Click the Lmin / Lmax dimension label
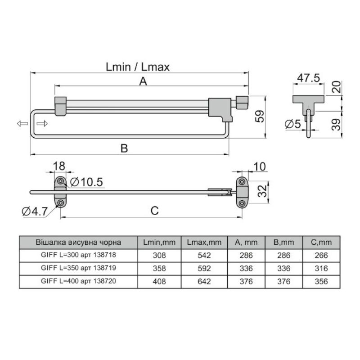(x=138, y=67)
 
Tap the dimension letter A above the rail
(x=143, y=81)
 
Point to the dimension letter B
(x=124, y=148)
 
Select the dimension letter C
(x=154, y=211)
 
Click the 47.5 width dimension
(x=308, y=78)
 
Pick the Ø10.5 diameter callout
(x=86, y=182)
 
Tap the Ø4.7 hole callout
(x=35, y=211)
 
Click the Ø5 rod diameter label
(x=293, y=124)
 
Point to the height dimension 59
(x=260, y=117)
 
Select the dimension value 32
(x=262, y=191)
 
